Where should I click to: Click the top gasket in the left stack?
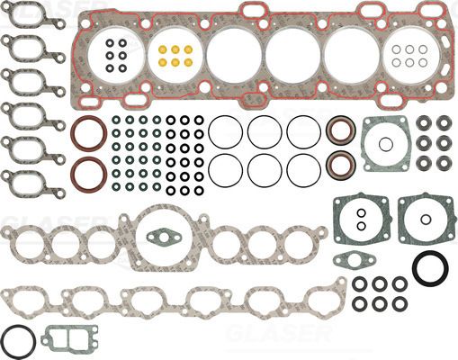point(29,19)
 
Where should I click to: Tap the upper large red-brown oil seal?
point(87,132)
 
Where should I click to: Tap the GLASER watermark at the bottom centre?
point(270,335)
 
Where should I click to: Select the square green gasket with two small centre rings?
point(360,219)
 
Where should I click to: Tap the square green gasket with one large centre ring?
point(421,218)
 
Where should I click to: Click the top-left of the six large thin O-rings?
point(225,131)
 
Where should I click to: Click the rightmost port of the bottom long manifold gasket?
point(322,297)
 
